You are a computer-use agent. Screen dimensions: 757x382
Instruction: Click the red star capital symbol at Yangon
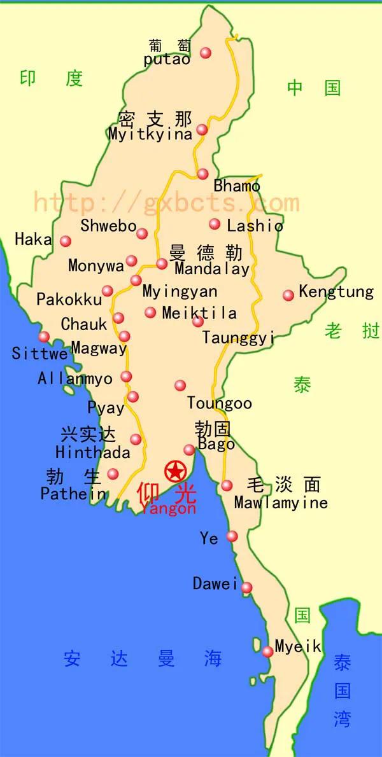(x=174, y=471)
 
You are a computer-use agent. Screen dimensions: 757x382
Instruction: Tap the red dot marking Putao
(x=206, y=53)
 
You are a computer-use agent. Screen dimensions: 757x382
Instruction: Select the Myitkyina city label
(x=150, y=134)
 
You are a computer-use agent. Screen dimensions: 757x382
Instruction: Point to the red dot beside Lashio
(x=215, y=224)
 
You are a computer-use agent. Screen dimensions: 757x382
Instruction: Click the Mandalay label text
(x=212, y=269)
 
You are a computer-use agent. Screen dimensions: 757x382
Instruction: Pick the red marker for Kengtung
(x=288, y=295)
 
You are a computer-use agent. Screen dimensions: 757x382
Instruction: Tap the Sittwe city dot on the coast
(x=44, y=337)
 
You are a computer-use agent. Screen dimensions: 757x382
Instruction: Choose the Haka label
(x=33, y=240)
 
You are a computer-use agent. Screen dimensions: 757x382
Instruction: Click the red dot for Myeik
(x=268, y=651)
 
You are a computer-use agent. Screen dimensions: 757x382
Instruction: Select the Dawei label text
(x=215, y=583)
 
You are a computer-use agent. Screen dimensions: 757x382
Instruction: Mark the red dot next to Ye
(x=232, y=536)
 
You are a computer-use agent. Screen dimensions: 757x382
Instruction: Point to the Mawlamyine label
(x=281, y=503)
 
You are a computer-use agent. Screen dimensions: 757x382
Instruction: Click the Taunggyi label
(x=238, y=337)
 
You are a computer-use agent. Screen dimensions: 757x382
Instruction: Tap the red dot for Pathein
(x=113, y=474)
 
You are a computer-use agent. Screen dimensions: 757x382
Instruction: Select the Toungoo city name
(x=219, y=403)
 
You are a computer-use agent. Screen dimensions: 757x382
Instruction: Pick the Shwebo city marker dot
(x=142, y=233)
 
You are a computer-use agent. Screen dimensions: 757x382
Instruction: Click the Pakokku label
(x=69, y=299)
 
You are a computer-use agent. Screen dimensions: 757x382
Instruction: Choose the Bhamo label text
(x=237, y=186)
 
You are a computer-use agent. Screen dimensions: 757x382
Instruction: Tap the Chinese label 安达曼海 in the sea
(x=143, y=659)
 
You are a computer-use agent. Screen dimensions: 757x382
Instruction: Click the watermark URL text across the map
(x=166, y=202)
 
